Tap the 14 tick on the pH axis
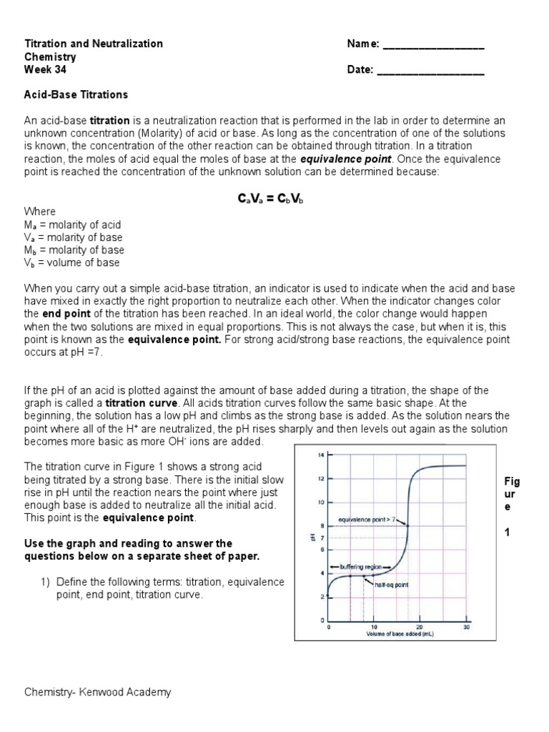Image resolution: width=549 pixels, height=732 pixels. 322,455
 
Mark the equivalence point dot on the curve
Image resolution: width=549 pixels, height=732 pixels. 407,526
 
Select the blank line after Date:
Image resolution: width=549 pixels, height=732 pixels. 430,70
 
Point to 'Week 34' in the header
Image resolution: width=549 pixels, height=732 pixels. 46,70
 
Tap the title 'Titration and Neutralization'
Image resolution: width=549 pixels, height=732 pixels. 94,44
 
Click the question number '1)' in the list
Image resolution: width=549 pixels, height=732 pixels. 44,582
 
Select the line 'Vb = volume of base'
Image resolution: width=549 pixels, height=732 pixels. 72,263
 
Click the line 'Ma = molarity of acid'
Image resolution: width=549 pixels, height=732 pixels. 73,224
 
